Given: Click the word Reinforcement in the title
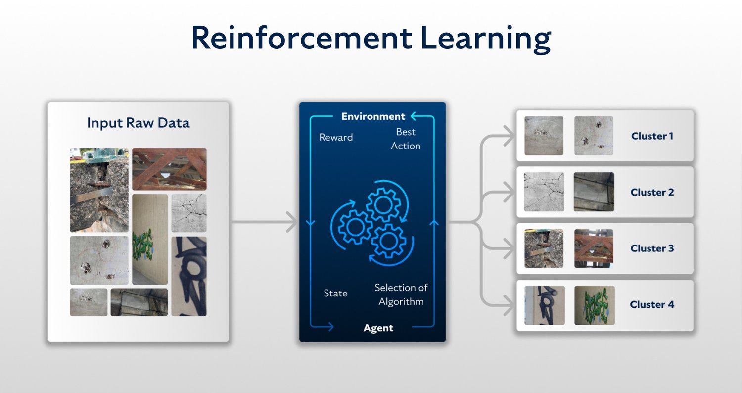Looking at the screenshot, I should pos(301,38).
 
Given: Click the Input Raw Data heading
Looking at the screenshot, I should pos(138,123).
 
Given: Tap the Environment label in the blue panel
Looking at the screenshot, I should pos(373,117).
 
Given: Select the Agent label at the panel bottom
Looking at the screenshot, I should pos(378,328).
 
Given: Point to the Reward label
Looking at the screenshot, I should pos(336,137).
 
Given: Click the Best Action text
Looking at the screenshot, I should pos(406,139).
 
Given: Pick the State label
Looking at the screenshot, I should pos(335,293).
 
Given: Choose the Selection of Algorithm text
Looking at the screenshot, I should pos(401,295).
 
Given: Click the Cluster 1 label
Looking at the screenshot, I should pos(652,136).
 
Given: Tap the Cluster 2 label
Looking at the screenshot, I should pos(652,192).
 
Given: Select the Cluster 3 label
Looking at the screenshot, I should pos(652,248).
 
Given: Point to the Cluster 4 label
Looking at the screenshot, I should pos(652,304).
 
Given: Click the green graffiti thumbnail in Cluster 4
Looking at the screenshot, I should pos(594,305).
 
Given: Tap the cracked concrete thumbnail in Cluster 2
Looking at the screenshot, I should pos(544,192).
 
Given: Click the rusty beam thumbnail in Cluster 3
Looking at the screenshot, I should pos(594,248).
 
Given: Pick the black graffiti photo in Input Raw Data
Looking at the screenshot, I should pos(189,276).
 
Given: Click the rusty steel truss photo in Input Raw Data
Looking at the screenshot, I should pos(169,169).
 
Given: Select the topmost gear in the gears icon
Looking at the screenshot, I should pos(383,204).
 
